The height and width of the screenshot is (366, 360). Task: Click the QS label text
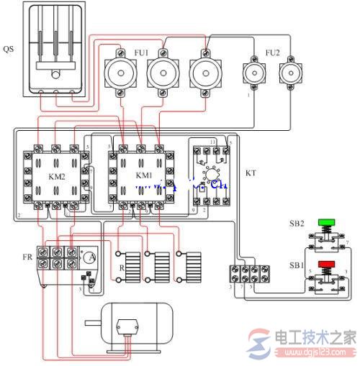pos(8,50)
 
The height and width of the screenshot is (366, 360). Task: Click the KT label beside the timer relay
pos(251,174)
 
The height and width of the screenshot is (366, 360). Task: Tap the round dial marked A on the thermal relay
pos(89,258)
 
